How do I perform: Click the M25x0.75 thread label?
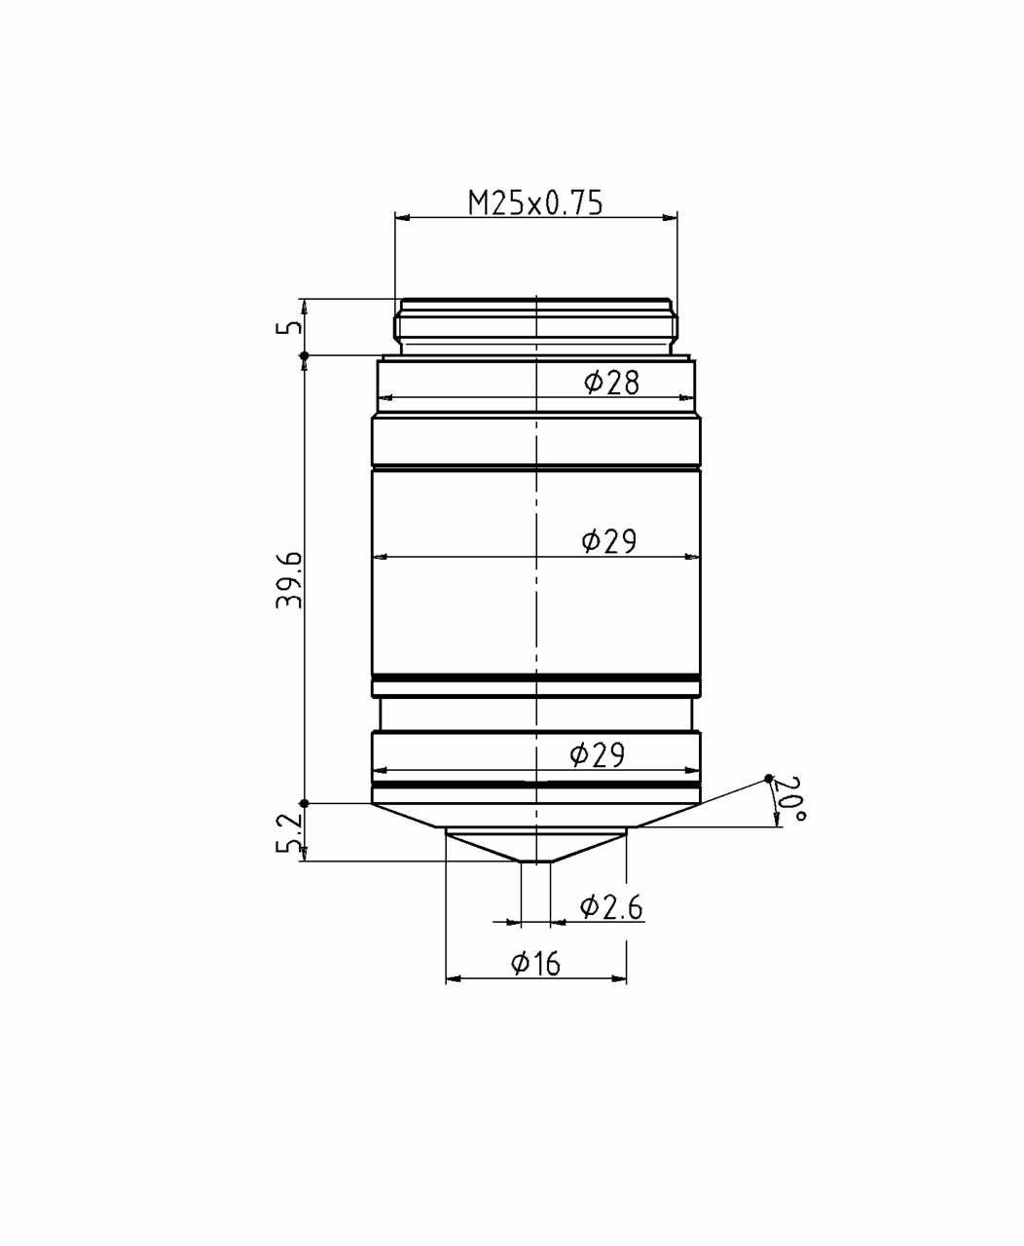coord(535,203)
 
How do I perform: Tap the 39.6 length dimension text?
coord(289,580)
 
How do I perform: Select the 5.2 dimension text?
coord(289,833)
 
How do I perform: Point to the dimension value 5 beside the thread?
coord(289,327)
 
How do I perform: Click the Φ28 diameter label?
coord(611,383)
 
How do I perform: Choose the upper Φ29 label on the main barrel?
coord(609,541)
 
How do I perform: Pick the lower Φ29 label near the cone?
coord(598,755)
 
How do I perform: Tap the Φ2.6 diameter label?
coord(611,907)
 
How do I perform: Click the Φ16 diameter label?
coord(535,964)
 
